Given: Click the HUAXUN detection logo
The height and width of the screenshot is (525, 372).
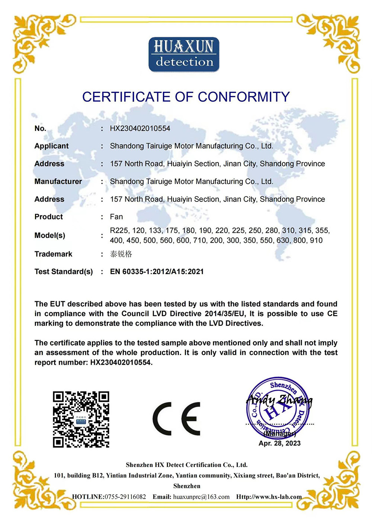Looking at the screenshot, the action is point(184,54).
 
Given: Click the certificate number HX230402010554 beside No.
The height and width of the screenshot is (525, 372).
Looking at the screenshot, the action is point(140,129).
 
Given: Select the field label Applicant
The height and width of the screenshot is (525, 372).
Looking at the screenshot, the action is point(51,146).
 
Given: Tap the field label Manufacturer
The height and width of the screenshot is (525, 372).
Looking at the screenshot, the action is point(58,181).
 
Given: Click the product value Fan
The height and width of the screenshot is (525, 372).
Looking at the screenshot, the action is point(116,217).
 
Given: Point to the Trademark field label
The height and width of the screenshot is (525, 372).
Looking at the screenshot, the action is point(53,254).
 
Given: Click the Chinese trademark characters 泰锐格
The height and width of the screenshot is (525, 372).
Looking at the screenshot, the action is point(121,254).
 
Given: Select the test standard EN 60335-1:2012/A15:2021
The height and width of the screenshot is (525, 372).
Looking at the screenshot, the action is point(157,272).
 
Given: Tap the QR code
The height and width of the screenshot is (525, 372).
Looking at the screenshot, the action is point(81,419).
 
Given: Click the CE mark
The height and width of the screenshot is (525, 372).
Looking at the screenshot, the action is point(177,419).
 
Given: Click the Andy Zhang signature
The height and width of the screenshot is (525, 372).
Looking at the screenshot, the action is point(279,400).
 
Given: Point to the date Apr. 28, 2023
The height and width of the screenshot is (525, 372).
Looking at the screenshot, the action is point(279,443).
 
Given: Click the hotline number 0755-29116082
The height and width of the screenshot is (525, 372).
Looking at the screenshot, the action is point(125,497).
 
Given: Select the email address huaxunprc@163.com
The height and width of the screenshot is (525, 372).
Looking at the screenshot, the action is point(201,497).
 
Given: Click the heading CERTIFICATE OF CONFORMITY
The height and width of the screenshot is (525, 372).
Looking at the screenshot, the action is point(186,97).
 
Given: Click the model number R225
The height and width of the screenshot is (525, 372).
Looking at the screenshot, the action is point(119,231).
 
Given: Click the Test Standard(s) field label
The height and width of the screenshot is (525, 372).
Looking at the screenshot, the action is point(64,272).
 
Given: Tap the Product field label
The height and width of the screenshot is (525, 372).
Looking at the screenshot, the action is point(49,217).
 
